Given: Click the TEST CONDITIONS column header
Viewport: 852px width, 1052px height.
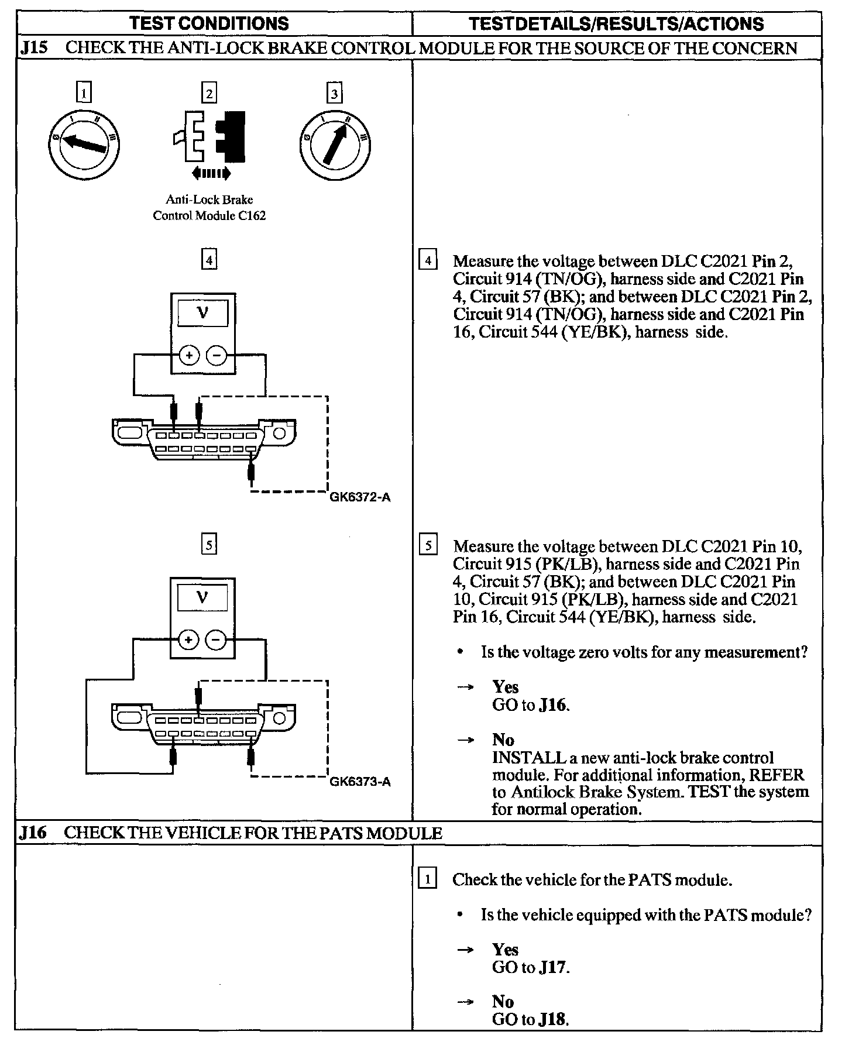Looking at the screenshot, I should tap(209, 23).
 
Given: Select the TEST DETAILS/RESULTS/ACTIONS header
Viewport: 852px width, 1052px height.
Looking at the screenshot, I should tap(616, 23).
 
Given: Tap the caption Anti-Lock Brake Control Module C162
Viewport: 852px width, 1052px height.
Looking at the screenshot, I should tap(209, 208).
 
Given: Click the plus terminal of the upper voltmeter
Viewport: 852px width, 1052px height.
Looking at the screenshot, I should tap(189, 355).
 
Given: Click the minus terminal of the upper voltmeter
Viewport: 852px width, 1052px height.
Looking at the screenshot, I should tap(217, 355).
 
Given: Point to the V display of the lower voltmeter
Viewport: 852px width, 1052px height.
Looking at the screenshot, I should tap(202, 597).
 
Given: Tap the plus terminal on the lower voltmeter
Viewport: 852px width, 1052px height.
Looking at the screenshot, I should tap(189, 640).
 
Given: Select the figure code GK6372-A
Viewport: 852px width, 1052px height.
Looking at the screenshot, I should tap(360, 498).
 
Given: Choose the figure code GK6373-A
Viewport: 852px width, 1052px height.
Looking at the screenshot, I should tap(360, 782).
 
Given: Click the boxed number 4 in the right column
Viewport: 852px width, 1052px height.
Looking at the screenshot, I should tap(428, 260).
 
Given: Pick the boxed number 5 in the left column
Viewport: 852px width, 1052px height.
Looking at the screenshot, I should tap(209, 545).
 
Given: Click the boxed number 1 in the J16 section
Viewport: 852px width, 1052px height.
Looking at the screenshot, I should tap(428, 879).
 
